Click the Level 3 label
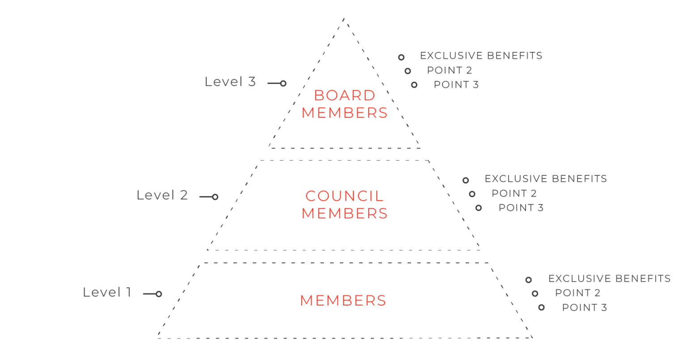(x=230, y=81)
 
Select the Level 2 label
(x=162, y=195)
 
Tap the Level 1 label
(x=107, y=292)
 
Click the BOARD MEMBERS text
(x=345, y=104)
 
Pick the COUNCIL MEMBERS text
(x=345, y=204)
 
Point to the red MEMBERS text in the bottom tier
(x=343, y=301)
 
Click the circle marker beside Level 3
(x=284, y=84)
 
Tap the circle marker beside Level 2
(x=215, y=197)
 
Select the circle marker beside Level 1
(x=159, y=294)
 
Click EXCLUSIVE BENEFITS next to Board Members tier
(x=481, y=55)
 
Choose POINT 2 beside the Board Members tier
(x=450, y=70)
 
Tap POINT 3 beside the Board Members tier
(x=456, y=85)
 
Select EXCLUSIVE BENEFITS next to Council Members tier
(x=546, y=178)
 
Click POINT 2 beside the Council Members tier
(x=514, y=193)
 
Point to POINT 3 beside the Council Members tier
(x=521, y=208)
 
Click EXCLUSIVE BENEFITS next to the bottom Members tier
(x=610, y=279)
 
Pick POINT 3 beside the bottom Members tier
(x=585, y=307)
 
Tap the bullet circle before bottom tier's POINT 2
(x=535, y=294)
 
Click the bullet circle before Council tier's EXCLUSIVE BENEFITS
(x=466, y=180)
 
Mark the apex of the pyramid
(x=344, y=18)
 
